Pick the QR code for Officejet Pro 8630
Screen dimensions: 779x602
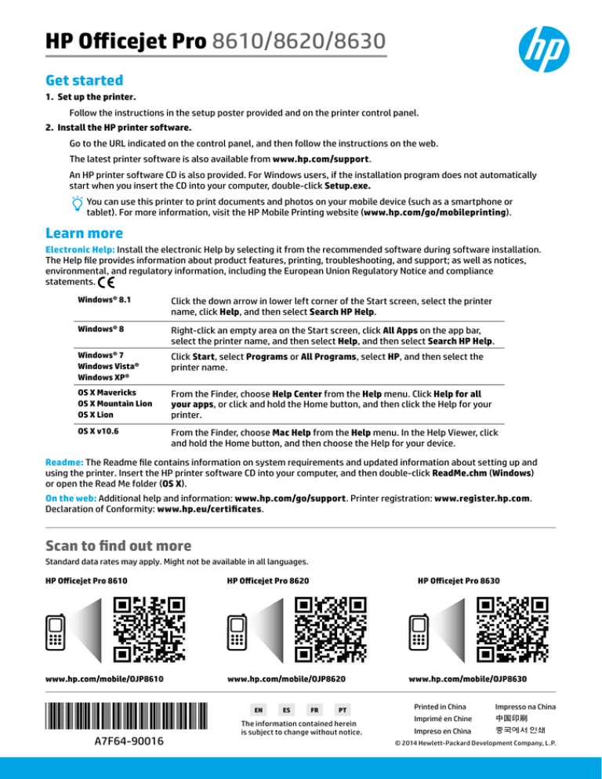511,629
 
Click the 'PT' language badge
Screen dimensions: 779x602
340,708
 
